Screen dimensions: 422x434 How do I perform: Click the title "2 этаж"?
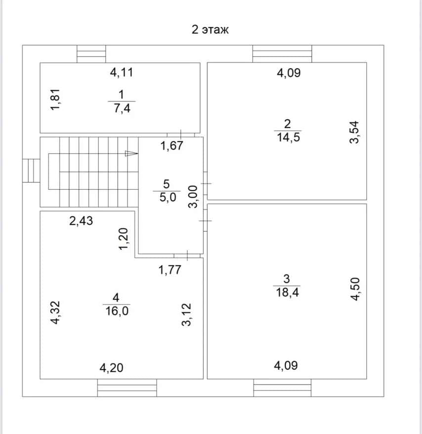click(x=210, y=29)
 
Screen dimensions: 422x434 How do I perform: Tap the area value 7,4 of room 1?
click(x=122, y=108)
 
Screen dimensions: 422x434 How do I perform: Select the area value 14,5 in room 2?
click(x=289, y=137)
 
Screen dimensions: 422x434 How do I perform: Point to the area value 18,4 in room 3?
click(x=287, y=292)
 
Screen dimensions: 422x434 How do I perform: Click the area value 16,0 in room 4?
click(x=117, y=311)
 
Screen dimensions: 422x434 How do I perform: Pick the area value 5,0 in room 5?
click(x=168, y=197)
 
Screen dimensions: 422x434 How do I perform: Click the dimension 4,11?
click(x=122, y=72)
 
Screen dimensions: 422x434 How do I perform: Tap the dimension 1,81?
click(x=55, y=100)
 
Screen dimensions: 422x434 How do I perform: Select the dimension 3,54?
click(x=354, y=132)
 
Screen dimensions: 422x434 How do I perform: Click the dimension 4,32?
click(x=55, y=312)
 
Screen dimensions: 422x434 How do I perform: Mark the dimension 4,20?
click(x=111, y=368)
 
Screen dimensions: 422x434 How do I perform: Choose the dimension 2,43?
click(x=81, y=221)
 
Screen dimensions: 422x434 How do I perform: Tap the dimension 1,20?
click(x=124, y=239)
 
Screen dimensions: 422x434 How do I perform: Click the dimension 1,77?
click(x=169, y=269)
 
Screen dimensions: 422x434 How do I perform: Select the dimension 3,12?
click(x=186, y=315)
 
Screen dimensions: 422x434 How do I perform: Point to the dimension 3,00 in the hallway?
click(x=193, y=197)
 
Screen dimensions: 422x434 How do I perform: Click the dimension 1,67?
click(x=171, y=146)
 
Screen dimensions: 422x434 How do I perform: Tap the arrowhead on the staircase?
click(x=131, y=153)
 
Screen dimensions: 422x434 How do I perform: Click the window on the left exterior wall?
click(x=31, y=171)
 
